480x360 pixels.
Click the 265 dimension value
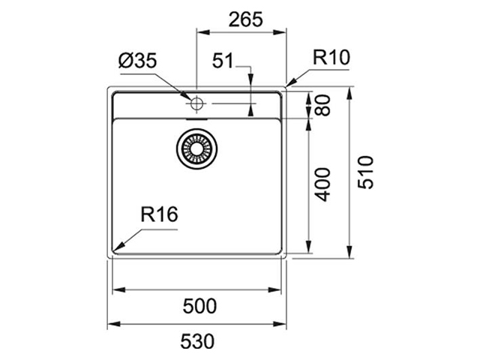click(241, 20)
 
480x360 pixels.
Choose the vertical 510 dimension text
click(365, 173)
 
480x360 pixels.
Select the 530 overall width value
click(198, 340)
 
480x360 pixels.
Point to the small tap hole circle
click(196, 102)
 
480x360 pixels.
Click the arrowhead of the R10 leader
click(289, 83)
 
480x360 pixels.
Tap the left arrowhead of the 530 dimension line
click(110, 324)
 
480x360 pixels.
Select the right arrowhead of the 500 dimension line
click(281, 290)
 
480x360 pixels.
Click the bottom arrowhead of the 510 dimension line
click(350, 256)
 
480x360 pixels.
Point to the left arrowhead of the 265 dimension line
click(199, 32)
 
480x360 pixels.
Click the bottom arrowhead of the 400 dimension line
click(308, 251)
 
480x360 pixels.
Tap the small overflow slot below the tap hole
click(196, 117)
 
